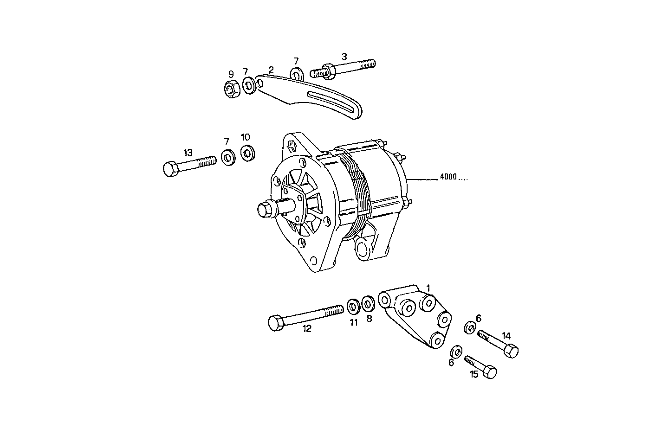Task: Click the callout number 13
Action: (x=188, y=153)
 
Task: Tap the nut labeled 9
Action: (x=232, y=88)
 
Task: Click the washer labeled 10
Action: (x=247, y=154)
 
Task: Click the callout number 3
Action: (x=344, y=57)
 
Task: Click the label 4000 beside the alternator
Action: (x=448, y=177)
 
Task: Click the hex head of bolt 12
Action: (x=276, y=322)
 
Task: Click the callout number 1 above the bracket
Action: (x=428, y=288)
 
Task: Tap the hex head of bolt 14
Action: (x=511, y=351)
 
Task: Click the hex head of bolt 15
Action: (x=489, y=372)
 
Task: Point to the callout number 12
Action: (x=307, y=329)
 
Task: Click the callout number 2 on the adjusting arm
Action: (x=271, y=70)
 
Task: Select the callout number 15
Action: (x=473, y=374)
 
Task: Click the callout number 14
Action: (x=506, y=335)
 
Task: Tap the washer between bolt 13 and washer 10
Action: (x=228, y=158)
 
